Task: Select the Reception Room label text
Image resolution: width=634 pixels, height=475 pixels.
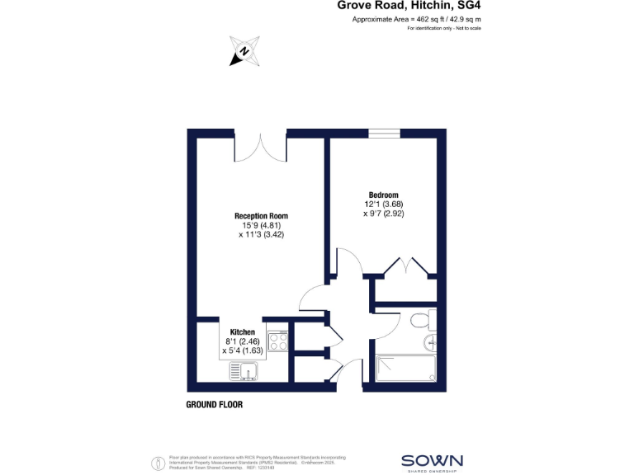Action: click(260, 216)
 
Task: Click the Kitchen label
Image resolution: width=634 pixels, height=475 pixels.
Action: click(230, 332)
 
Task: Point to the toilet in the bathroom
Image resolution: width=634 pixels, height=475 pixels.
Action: click(422, 320)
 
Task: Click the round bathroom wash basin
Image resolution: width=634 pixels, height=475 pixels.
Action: click(429, 344)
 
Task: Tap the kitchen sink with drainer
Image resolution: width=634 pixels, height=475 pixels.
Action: click(246, 372)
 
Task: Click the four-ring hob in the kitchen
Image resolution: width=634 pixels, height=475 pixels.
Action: click(277, 340)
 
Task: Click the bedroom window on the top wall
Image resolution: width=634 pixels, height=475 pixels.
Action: click(384, 133)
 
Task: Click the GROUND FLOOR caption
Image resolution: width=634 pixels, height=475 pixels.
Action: click(214, 405)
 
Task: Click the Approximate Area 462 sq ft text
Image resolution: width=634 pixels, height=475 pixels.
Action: click(416, 19)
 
